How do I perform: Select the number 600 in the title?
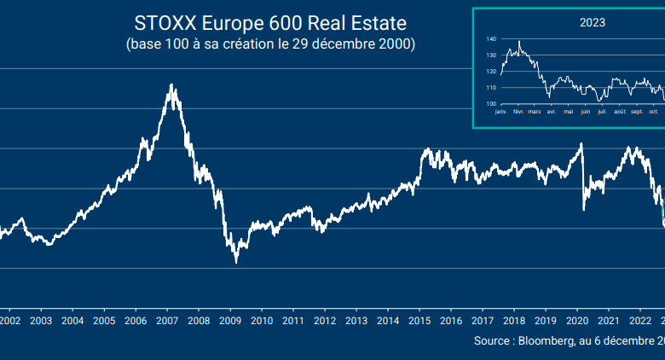tap(285, 21)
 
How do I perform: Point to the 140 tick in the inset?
tap(491, 39)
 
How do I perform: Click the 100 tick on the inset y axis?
tap(491, 103)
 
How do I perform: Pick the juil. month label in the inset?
tap(602, 112)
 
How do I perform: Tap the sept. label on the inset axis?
tap(638, 112)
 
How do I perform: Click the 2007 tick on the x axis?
tap(166, 321)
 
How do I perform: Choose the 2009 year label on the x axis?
tap(229, 321)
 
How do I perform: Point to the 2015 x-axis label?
tap(419, 321)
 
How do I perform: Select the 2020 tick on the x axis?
tap(577, 321)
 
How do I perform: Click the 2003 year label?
tap(41, 321)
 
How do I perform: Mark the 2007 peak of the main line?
tap(172, 84)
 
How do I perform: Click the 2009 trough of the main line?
tap(236, 262)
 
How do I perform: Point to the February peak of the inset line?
tap(519, 41)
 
